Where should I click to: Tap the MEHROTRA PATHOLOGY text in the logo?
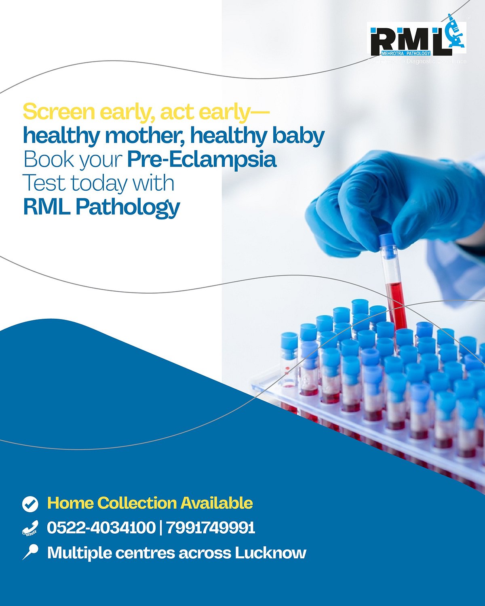(x=406, y=53)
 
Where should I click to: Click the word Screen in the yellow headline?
(x=59, y=112)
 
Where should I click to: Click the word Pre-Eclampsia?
(x=201, y=160)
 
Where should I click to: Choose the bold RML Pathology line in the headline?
(x=101, y=207)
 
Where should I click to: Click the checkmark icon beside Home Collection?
(x=30, y=504)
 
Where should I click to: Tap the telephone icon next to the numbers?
(x=30, y=528)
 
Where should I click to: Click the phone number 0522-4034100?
(x=101, y=528)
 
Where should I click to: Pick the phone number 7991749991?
(x=210, y=528)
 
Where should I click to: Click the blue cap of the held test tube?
(x=387, y=244)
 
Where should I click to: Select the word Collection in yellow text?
(x=137, y=503)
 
